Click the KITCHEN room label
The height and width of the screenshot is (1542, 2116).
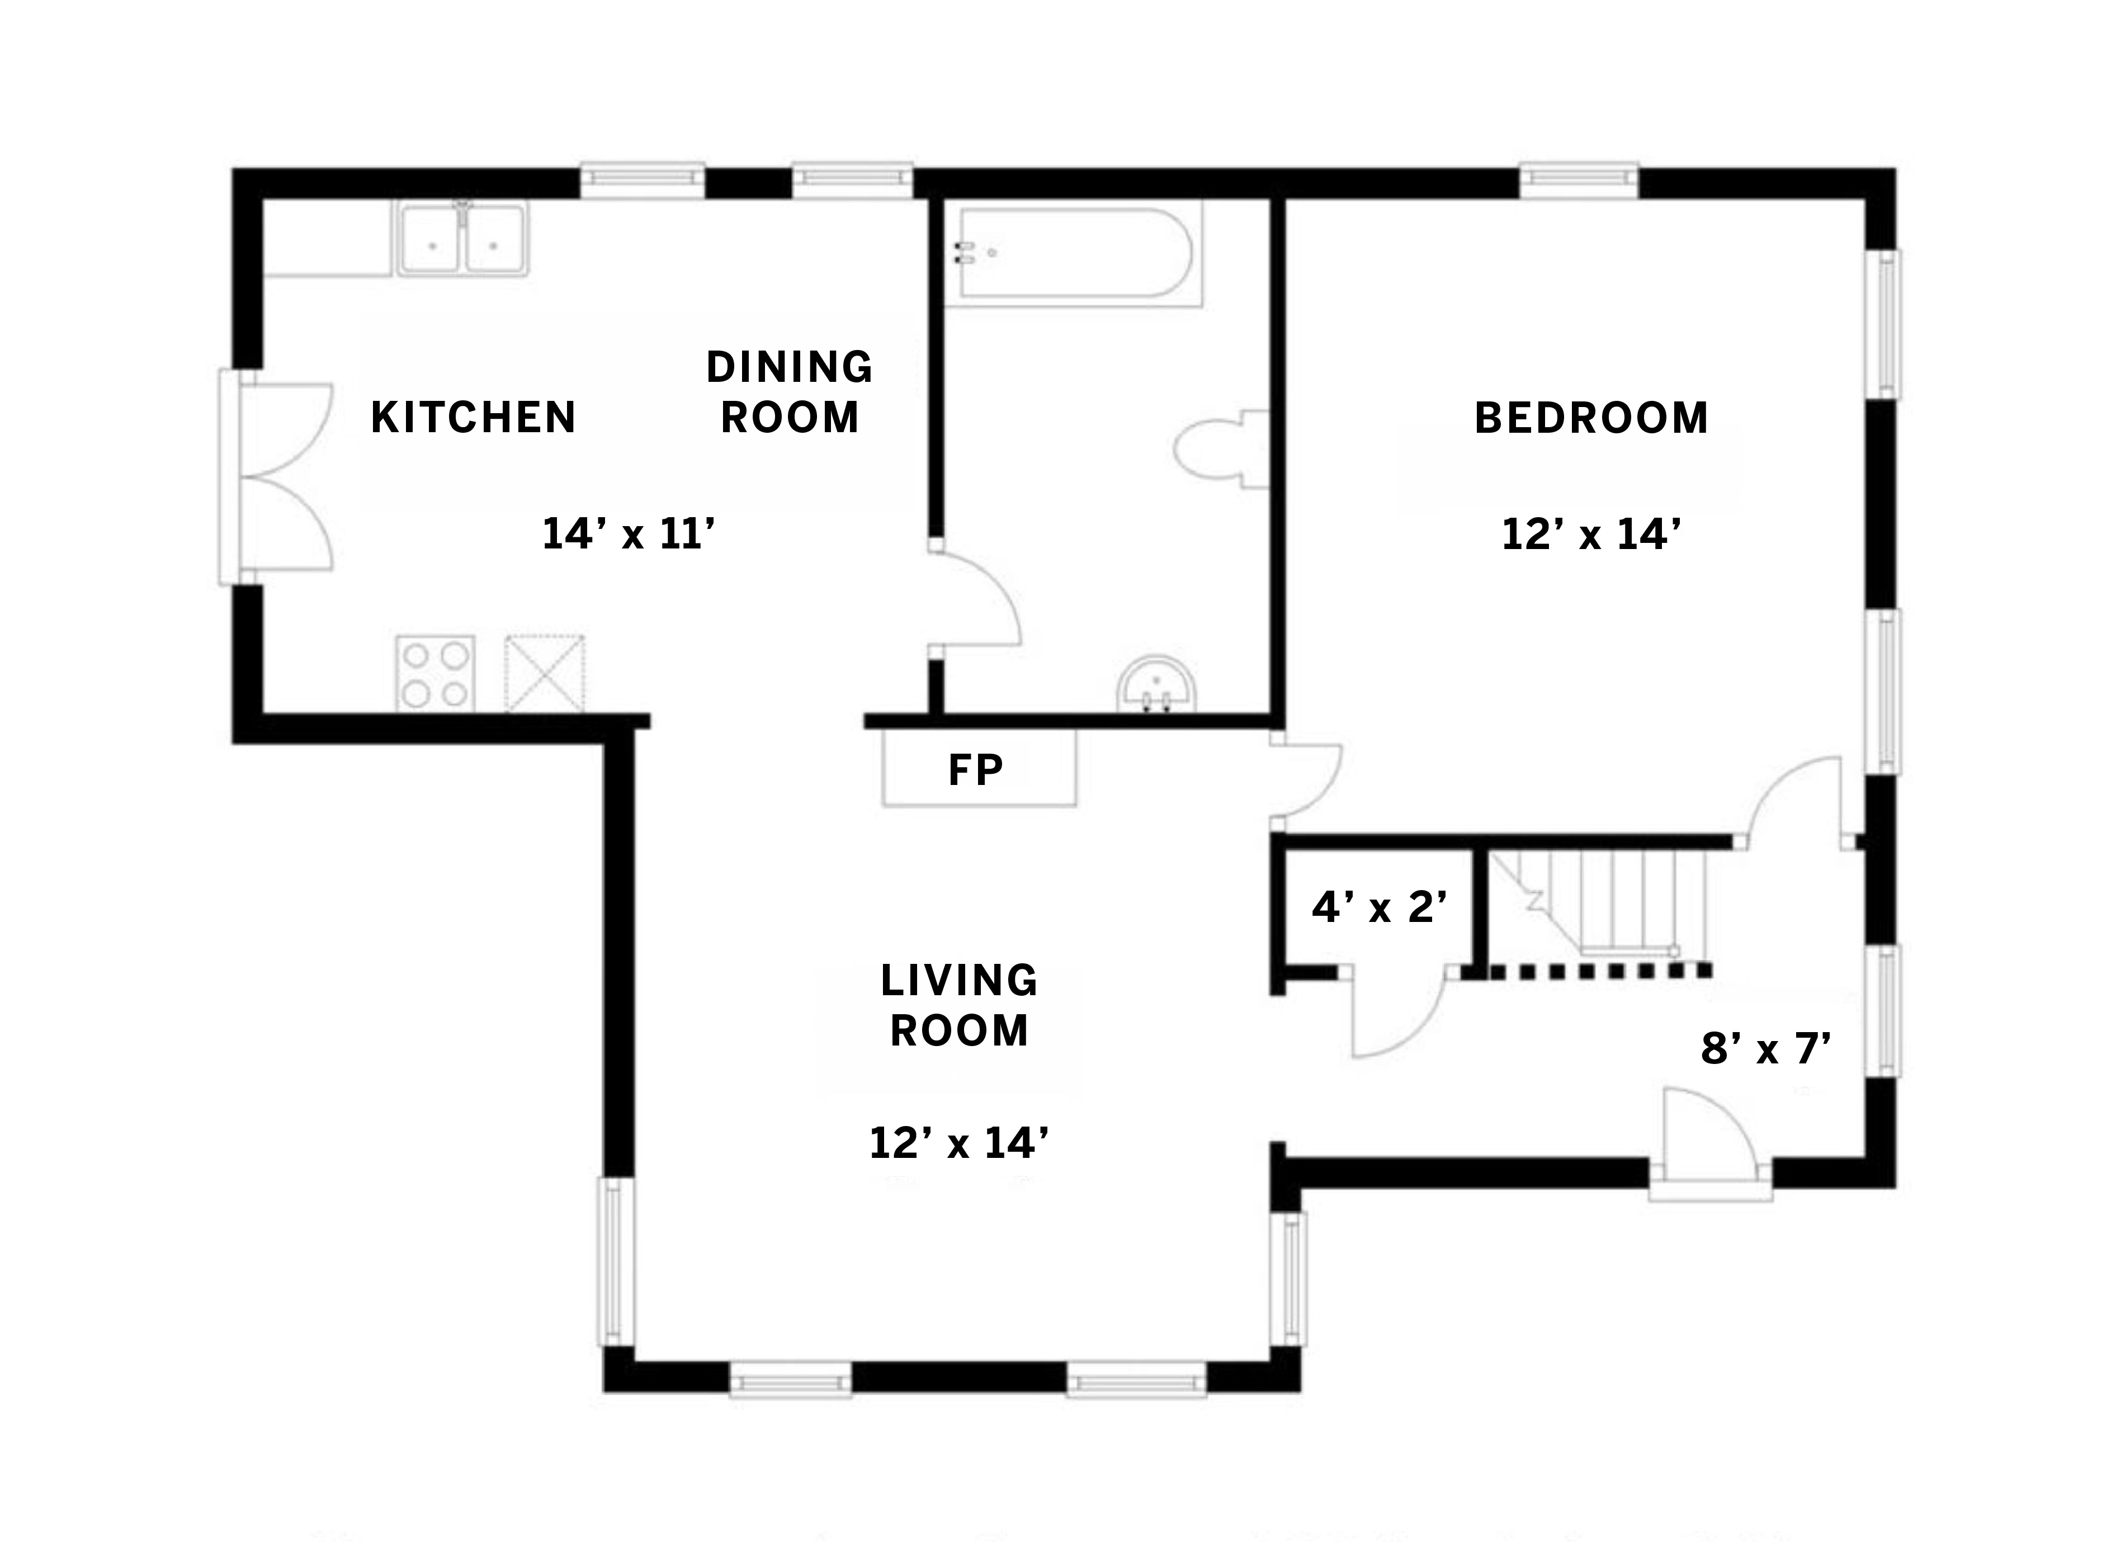click(473, 417)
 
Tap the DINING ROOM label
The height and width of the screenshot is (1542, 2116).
click(790, 392)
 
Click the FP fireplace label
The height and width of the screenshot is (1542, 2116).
click(975, 770)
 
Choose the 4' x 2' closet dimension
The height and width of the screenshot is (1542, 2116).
click(1380, 907)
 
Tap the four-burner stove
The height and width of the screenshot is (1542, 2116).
click(435, 674)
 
